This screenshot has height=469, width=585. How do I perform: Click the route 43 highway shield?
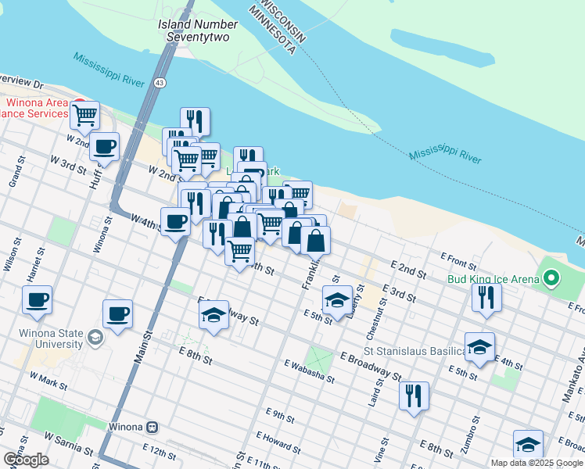coord(160,82)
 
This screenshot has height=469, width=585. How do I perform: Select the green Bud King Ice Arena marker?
coord(552,278)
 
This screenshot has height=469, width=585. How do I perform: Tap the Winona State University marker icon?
coord(95,337)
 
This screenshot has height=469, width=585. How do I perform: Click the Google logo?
coord(25,460)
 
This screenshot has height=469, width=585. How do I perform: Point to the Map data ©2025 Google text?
coord(536,462)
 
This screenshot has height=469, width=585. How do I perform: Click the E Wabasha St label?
coord(309,371)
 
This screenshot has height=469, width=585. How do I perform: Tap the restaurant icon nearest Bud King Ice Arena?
coord(486,296)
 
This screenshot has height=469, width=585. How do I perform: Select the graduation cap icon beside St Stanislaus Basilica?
coord(479,346)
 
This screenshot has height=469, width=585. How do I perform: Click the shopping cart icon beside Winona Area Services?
coord(84,115)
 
